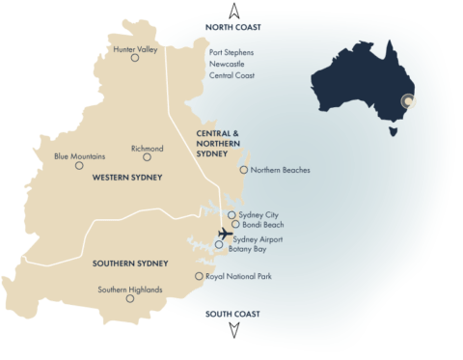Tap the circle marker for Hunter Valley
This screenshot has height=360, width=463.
(x=135, y=58)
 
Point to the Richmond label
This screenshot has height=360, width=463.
(x=147, y=149)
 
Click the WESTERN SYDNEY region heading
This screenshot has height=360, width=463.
(x=126, y=178)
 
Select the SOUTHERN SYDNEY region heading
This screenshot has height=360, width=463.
(x=130, y=263)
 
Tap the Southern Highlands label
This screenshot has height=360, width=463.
(x=130, y=289)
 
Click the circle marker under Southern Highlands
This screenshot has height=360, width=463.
(x=130, y=299)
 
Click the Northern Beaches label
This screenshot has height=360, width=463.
(x=280, y=170)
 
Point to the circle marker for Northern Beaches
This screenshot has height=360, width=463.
(x=243, y=171)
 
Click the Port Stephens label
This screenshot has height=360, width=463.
(x=232, y=54)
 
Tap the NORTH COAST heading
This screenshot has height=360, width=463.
(x=233, y=28)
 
